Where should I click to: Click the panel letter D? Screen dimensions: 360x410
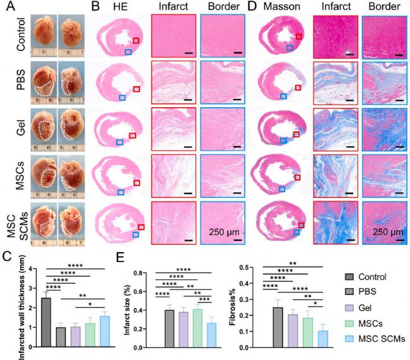(x=252, y=7)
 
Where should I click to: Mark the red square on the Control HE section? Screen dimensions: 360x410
(x=136, y=40)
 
